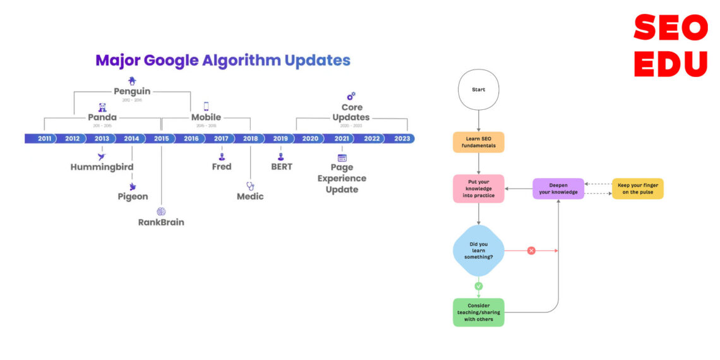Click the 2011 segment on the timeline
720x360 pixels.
tap(44, 138)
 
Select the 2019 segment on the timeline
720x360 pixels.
tap(280, 138)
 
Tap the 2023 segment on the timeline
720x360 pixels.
tap(402, 138)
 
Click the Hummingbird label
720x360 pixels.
tap(102, 167)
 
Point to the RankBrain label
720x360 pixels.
tap(161, 222)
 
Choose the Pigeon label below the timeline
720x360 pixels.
tap(133, 196)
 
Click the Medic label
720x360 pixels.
tap(250, 196)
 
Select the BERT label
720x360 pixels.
tap(282, 167)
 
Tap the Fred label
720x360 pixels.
tap(222, 167)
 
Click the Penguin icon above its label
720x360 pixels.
tap(132, 80)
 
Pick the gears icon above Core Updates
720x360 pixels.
tap(351, 96)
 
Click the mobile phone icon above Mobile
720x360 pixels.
tap(206, 106)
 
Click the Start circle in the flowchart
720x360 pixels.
tap(479, 90)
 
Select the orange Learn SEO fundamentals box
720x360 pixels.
tap(479, 142)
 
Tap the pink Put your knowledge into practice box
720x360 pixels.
tap(479, 188)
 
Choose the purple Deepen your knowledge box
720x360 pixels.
tap(558, 188)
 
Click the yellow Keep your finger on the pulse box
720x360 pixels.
tap(638, 188)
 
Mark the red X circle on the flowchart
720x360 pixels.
tap(531, 251)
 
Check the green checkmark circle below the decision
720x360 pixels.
tap(479, 286)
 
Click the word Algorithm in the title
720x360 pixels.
tap(241, 61)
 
